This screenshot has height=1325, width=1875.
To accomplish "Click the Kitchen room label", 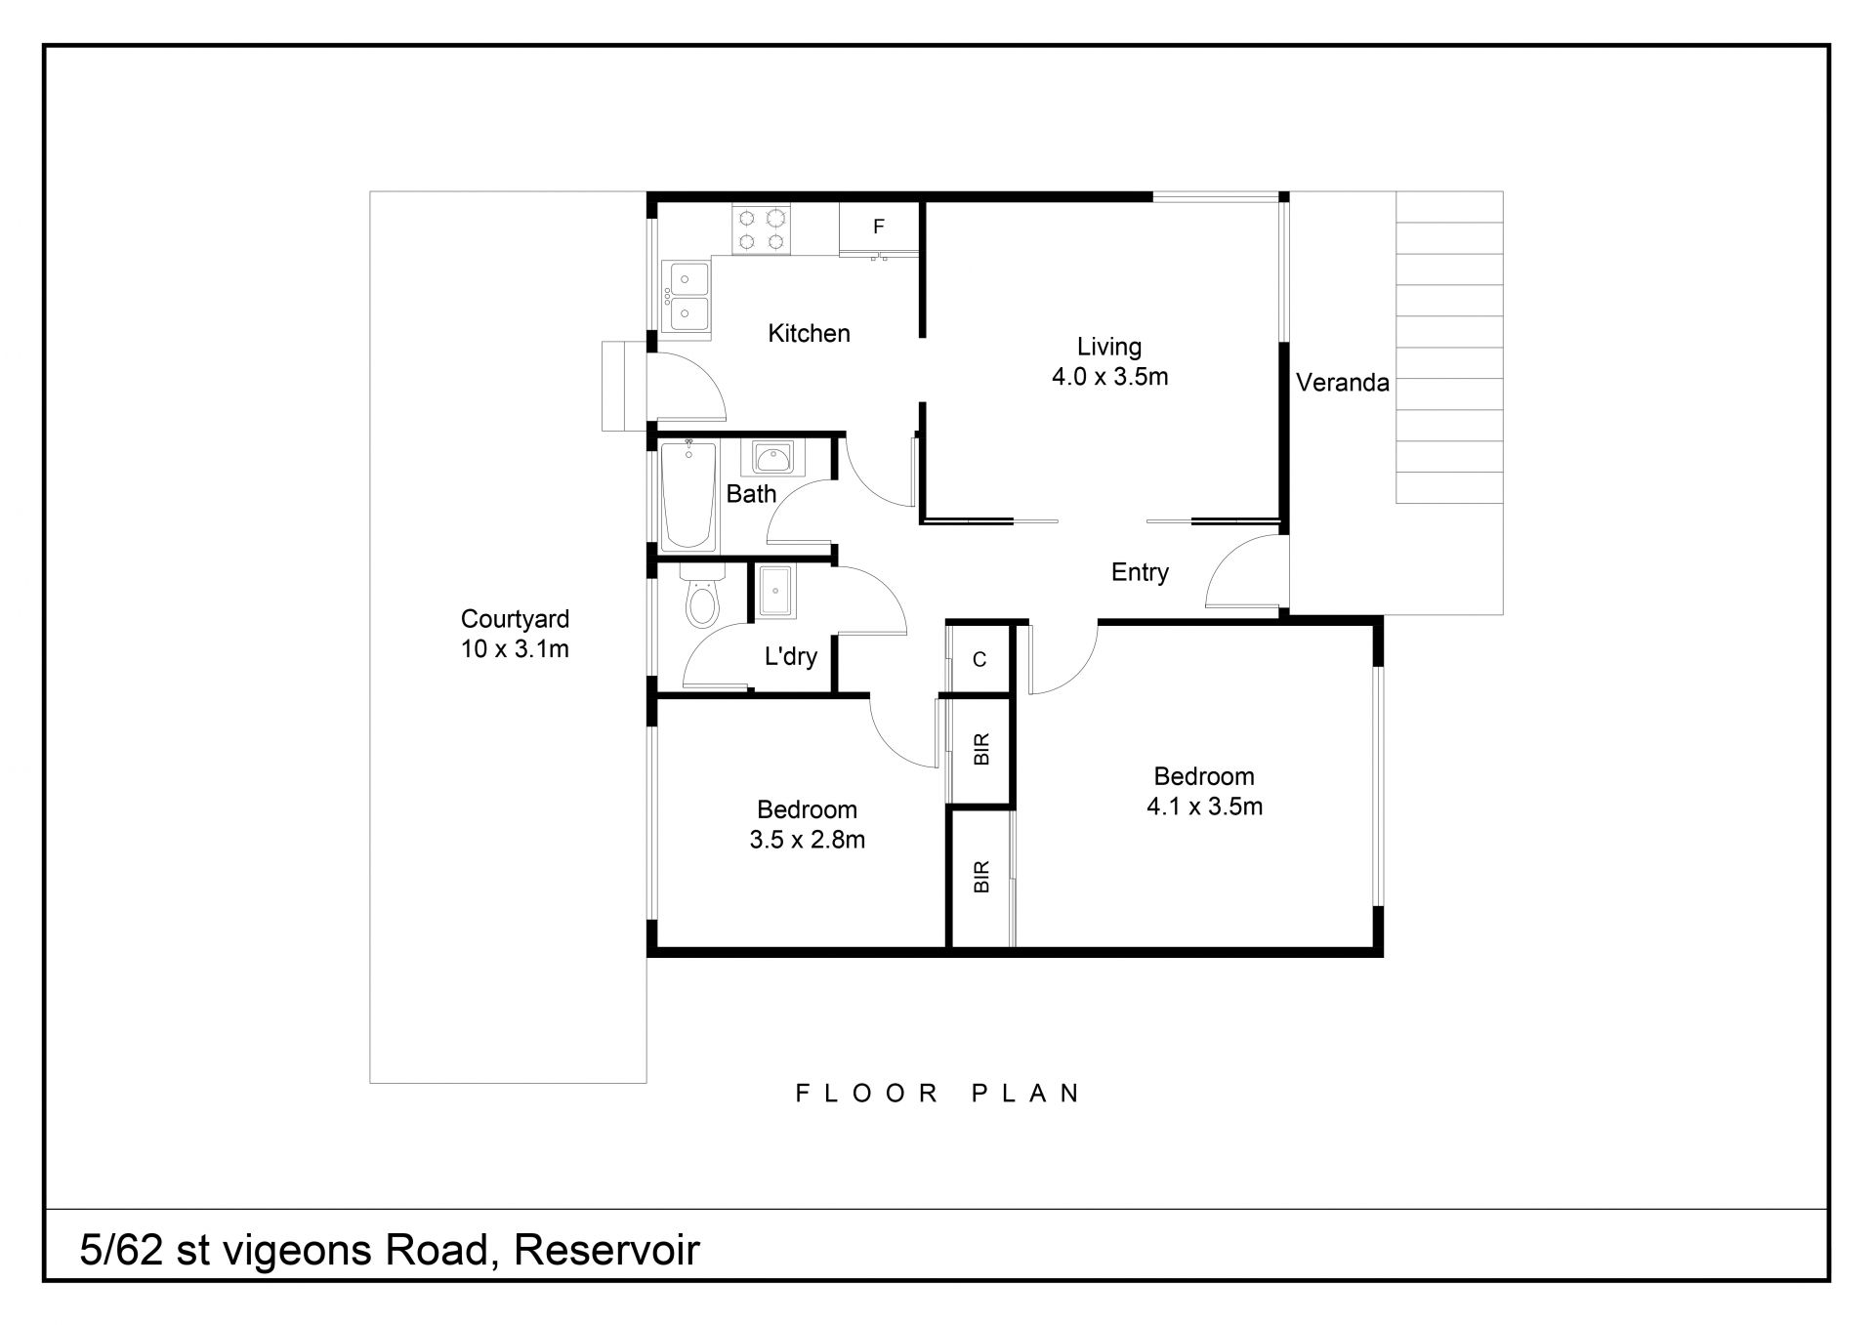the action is [809, 334].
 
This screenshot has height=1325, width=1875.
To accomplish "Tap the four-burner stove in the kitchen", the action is [762, 230].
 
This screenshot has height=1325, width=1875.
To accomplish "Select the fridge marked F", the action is [879, 228].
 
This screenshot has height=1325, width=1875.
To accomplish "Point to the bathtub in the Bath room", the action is [688, 495].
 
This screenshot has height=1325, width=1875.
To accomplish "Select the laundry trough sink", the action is [776, 591].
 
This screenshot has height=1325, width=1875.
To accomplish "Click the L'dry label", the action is [790, 656].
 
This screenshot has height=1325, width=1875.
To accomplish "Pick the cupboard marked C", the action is [979, 660].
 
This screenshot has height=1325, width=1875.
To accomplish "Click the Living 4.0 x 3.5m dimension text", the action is [1110, 377].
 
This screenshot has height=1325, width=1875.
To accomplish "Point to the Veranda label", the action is [1343, 383].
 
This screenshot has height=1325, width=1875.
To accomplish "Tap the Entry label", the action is [1140, 572].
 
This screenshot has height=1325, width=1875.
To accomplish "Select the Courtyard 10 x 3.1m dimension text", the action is [515, 649].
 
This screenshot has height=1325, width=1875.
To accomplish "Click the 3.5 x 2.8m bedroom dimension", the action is [808, 840].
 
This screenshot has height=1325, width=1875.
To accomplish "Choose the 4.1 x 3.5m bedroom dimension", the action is [1204, 807].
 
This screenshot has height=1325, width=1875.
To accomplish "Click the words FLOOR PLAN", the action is [938, 1093].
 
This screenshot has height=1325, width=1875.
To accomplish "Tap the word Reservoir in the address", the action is [607, 1250].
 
